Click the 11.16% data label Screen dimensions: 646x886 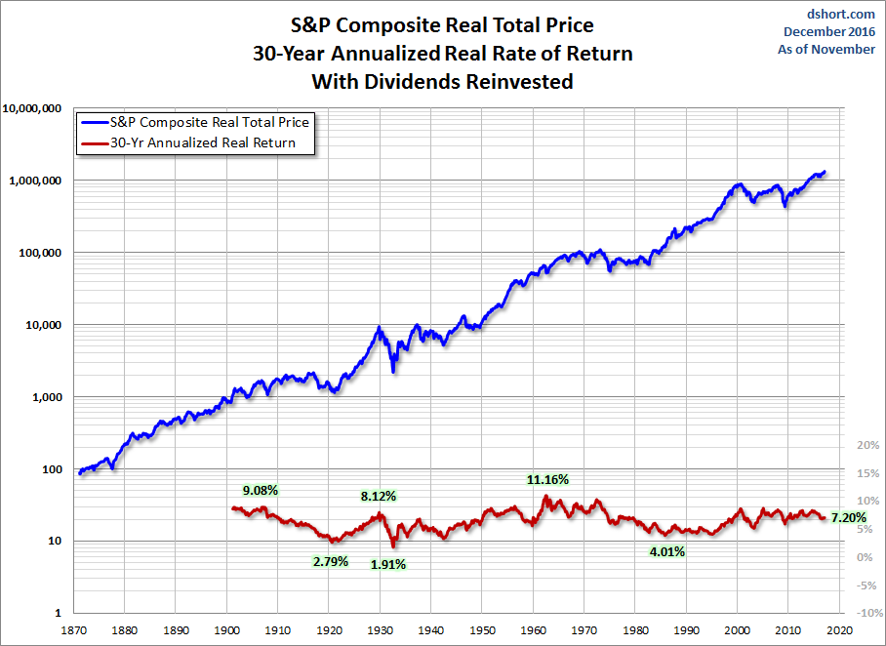pos(547,479)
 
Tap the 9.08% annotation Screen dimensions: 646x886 pos(262,489)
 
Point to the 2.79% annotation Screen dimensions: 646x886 pos(330,561)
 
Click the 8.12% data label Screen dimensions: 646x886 pos(378,496)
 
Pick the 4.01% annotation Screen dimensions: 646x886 pos(666,551)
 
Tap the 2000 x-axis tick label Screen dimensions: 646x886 pos(739,630)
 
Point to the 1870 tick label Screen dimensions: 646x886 pos(74,630)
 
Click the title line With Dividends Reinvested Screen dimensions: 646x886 pos(442,82)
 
